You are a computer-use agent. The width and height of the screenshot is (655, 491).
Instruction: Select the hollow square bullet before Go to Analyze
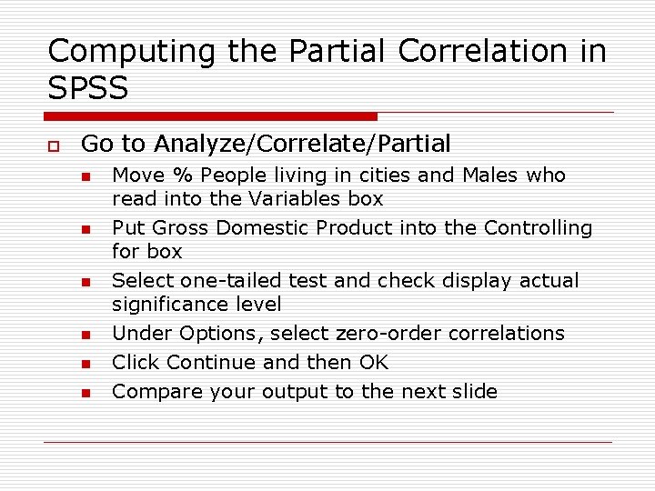coord(54,145)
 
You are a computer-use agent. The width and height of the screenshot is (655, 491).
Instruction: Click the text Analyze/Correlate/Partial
coord(303,144)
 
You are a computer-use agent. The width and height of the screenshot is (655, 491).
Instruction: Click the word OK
coord(374,362)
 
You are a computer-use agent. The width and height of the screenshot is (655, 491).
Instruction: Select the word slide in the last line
coord(473,391)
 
